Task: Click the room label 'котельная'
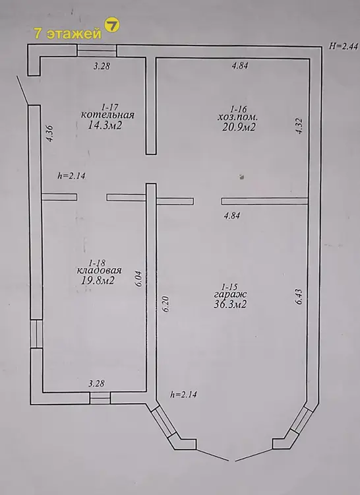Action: coord(107,115)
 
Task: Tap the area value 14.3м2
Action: coord(105,125)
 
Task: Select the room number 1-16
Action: coord(238,109)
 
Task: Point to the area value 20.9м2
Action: coord(238,127)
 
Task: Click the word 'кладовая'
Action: coord(100,271)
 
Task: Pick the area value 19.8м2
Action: coord(98,280)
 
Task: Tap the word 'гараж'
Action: coord(230,295)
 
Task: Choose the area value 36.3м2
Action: coord(230,304)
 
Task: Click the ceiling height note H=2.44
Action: coord(344,46)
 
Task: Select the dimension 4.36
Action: coord(50,134)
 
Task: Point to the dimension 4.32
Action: coord(299,126)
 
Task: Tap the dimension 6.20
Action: coord(166,304)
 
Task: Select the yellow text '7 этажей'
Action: coord(67,34)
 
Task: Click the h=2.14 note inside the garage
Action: coord(184,394)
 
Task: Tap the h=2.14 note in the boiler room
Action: coord(71,176)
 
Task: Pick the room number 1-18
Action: coord(98,262)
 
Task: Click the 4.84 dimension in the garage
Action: coord(231,216)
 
